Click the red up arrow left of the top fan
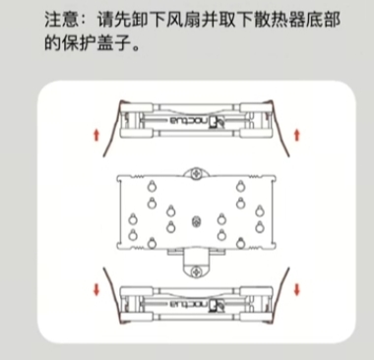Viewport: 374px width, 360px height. click(96, 135)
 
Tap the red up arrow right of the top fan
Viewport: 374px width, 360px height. click(297, 135)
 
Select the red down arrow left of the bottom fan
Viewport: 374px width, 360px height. click(96, 290)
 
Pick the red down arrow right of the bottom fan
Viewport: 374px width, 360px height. click(297, 290)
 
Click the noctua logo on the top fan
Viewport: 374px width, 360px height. click(197, 121)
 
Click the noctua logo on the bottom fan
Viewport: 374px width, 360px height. click(197, 304)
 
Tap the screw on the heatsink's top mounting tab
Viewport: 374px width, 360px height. click(197, 173)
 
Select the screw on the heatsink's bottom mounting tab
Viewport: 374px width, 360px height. click(197, 271)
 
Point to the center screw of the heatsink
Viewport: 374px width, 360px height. click(197, 222)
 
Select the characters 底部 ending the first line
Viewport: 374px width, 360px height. click(323, 20)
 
